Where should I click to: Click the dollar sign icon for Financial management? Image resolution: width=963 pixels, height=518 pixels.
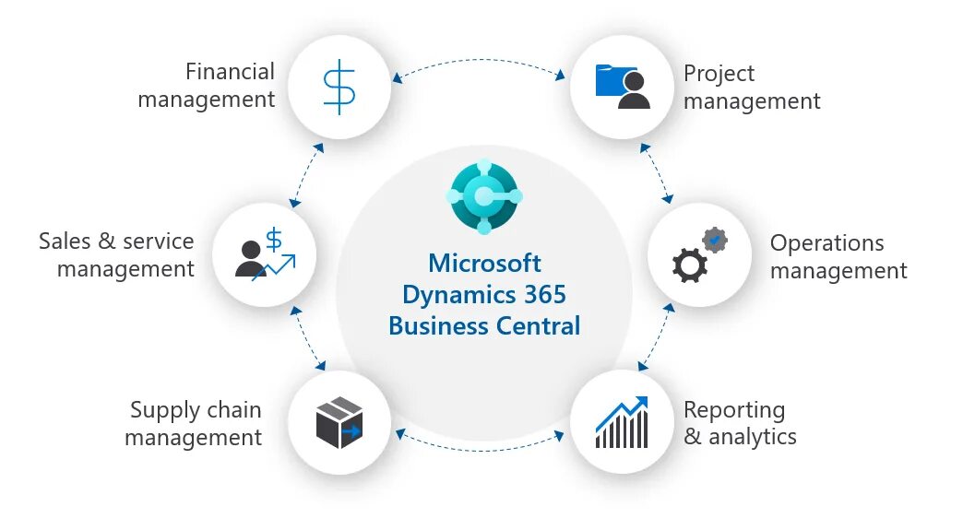[x=339, y=88]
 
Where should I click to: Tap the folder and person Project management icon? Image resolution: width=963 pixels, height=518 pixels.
[x=623, y=87]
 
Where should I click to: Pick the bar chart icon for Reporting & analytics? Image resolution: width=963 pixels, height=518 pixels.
[x=622, y=422]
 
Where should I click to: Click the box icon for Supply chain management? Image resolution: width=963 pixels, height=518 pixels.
[x=339, y=422]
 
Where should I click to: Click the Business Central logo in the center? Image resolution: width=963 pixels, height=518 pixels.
[x=484, y=196]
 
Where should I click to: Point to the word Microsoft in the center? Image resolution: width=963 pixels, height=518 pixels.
[x=484, y=264]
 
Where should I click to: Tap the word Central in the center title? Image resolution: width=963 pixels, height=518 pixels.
[x=535, y=325]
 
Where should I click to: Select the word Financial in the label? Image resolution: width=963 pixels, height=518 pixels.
[x=230, y=71]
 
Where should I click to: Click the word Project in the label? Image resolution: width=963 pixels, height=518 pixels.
[x=719, y=73]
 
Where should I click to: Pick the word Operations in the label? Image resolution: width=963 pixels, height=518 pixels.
[x=826, y=242]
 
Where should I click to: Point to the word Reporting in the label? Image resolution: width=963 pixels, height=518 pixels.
[x=734, y=409]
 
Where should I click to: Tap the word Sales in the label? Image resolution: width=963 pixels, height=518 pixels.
[x=65, y=241]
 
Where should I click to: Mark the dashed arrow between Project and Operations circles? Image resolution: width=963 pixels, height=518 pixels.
[x=657, y=172]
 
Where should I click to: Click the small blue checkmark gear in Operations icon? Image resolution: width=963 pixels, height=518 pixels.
[x=714, y=241]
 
